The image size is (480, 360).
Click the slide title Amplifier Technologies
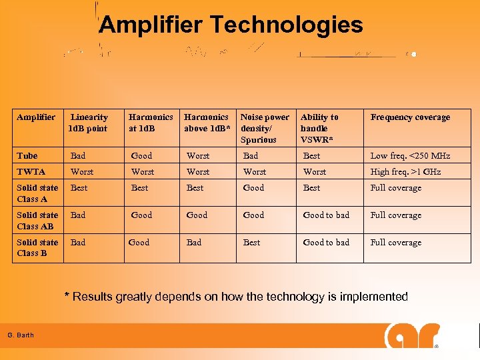pos(231,25)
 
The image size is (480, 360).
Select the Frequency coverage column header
pos(410,117)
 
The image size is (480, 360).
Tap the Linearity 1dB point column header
pos(88,123)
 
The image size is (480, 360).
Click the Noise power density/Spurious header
pos(265,129)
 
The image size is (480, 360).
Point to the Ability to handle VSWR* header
pos(319,129)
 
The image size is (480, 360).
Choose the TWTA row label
pos(31,172)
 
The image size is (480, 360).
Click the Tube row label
pos(27,156)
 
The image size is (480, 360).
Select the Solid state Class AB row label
pos(37,221)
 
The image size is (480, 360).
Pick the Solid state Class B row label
pos(37,247)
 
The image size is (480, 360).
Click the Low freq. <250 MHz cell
pos(410,156)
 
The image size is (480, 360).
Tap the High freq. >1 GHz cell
pos(405,172)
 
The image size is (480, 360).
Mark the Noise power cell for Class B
pos(251,243)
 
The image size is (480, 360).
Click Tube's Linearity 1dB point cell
pos(78,156)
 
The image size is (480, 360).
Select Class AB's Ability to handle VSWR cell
pos(326,215)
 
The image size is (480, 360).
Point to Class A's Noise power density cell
pos(253,188)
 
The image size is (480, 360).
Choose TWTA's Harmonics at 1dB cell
pos(142,172)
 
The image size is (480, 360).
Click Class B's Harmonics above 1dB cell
pos(194,243)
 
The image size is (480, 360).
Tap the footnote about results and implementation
pos(235,297)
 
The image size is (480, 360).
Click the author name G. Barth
pos(21,335)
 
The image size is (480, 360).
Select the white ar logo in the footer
pos(411,337)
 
